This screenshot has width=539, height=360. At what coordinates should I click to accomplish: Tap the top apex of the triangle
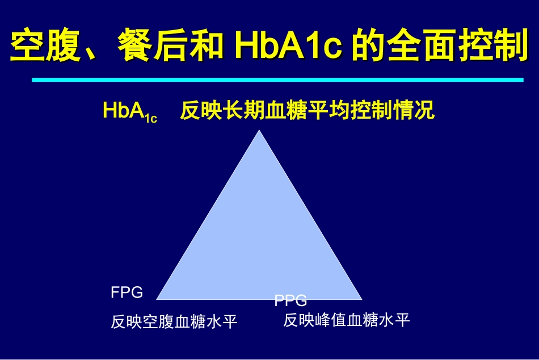tap(259, 132)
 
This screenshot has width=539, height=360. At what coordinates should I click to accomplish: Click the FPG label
tap(127, 293)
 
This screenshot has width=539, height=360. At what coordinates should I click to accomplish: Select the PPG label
tap(290, 300)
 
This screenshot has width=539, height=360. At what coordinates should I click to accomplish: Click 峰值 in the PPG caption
tap(331, 320)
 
